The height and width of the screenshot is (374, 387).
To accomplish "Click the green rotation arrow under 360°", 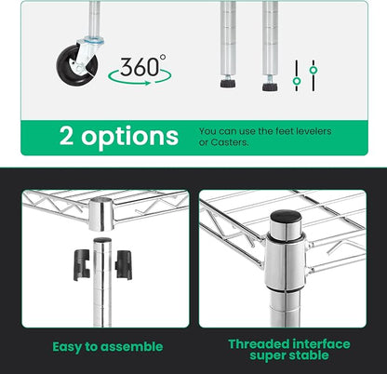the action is pos(140,77).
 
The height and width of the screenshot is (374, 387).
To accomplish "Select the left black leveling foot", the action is pos(228,84).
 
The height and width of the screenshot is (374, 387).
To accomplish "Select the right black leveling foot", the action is pos(270,87).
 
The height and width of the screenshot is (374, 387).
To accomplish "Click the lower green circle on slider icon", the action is pos(297,81).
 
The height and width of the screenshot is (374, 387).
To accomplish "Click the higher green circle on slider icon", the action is pos(314,70).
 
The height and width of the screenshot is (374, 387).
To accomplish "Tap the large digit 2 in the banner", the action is pos(67,136).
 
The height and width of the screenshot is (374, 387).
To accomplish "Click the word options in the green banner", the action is pos(130,138).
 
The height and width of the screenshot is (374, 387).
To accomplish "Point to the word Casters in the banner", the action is pos(230,142).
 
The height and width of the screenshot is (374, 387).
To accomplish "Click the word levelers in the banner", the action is pos(314,131).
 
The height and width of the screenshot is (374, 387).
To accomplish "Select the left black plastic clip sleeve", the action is pos(82,264).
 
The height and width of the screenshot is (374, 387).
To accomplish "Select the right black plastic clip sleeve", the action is pos(124,264).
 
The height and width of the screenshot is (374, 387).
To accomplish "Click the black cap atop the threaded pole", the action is pos(286,216).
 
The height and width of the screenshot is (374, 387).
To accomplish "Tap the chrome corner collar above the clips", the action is pos(101,214).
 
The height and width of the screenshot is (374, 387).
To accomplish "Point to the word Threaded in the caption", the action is pos(259,344).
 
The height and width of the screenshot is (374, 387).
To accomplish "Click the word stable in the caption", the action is pos(309,355).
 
